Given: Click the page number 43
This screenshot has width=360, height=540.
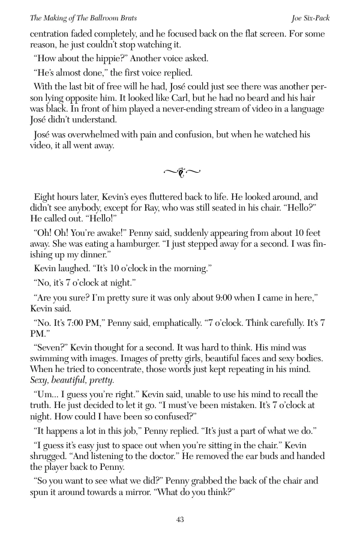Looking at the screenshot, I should pyautogui.click(x=180, y=520).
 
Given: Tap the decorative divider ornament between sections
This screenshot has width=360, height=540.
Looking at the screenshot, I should pyautogui.click(x=180, y=173).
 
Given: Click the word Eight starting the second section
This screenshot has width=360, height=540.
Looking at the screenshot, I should pyautogui.click(x=47, y=197).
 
